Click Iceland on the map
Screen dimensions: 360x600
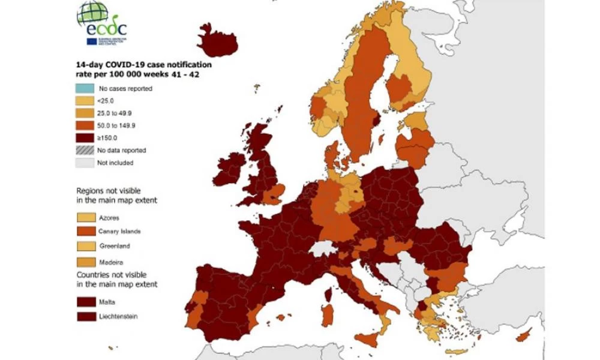217,42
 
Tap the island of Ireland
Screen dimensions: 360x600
229,168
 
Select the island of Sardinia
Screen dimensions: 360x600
328,315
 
